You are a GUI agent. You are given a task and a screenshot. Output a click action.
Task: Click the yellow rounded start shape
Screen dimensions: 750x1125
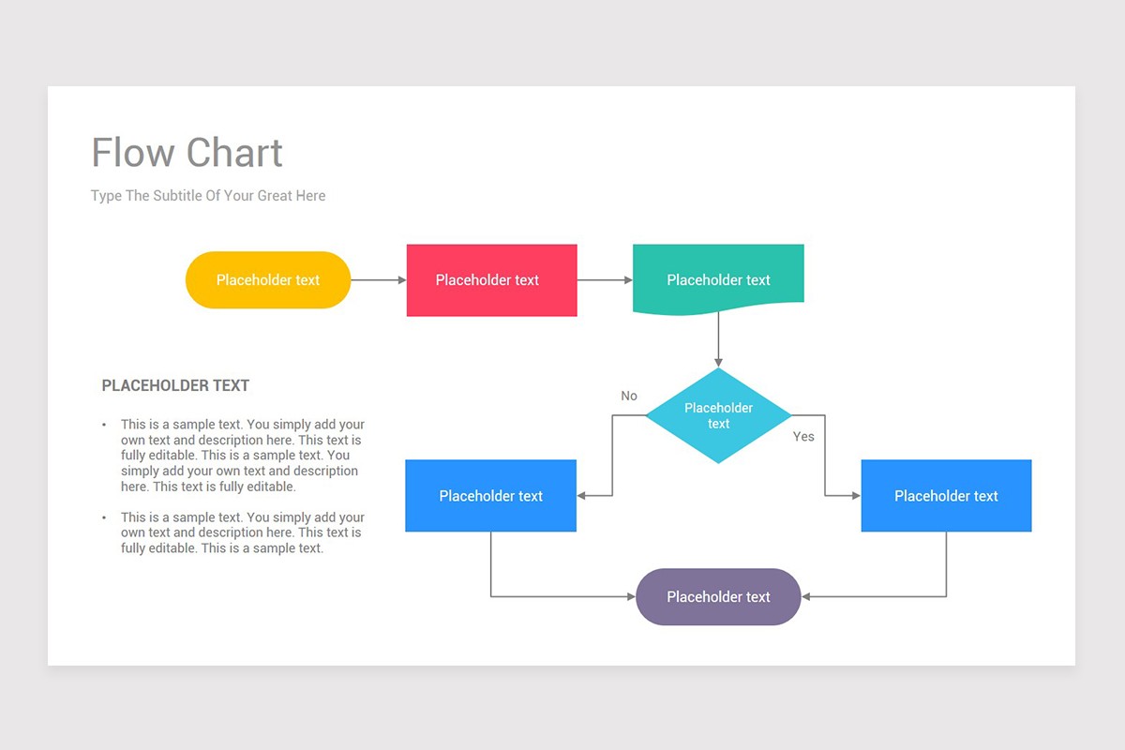[268, 280]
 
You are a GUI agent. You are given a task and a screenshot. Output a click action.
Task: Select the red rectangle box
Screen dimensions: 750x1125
[491, 280]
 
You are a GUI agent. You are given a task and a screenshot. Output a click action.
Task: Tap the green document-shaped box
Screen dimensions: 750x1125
[718, 277]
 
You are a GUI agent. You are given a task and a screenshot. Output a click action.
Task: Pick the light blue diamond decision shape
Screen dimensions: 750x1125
[718, 415]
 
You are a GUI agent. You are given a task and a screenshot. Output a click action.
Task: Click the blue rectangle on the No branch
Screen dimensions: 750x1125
[490, 496]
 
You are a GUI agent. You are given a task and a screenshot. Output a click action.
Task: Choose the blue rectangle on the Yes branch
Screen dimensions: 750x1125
[946, 496]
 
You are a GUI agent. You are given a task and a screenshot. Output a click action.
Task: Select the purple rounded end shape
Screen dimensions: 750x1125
[718, 597]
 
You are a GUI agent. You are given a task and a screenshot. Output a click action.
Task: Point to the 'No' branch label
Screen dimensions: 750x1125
[629, 396]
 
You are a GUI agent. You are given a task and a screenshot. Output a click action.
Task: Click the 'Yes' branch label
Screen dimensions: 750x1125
[803, 437]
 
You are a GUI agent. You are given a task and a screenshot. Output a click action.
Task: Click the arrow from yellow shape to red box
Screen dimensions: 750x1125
[378, 280]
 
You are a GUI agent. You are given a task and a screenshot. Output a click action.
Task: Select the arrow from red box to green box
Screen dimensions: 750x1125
[605, 280]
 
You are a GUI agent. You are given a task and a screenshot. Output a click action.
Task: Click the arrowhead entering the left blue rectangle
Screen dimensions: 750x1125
[582, 496]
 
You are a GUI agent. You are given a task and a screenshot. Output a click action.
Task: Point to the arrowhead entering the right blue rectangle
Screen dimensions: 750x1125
[855, 496]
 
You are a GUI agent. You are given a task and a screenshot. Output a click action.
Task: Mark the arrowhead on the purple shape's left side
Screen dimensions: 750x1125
[630, 597]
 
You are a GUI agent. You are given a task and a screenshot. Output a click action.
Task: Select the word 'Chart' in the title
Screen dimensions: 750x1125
[234, 153]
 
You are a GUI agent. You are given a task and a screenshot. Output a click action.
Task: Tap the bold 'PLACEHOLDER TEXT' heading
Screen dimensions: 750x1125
[175, 385]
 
